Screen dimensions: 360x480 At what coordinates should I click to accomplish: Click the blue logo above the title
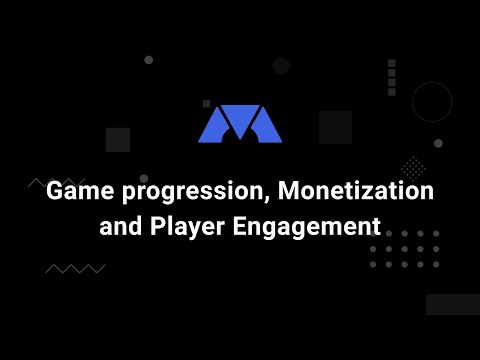[x=240, y=123]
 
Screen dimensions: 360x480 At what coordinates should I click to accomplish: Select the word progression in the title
[x=186, y=191]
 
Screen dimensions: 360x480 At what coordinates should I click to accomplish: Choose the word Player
[x=186, y=227]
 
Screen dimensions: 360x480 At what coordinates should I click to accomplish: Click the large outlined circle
[x=432, y=102]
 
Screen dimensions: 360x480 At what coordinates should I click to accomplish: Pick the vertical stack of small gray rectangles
[x=391, y=77]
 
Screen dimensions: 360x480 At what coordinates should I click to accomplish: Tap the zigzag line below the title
[x=75, y=268]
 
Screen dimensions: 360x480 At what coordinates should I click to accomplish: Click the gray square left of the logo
[x=118, y=139]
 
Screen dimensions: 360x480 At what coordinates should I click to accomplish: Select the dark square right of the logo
[x=335, y=127]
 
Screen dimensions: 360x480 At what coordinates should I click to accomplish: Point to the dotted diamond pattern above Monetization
[x=413, y=167]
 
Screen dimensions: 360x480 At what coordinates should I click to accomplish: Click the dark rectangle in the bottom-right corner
[x=452, y=304]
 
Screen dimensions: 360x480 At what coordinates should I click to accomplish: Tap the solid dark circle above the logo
[x=281, y=66]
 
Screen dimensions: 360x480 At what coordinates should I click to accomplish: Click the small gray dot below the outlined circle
[x=438, y=143]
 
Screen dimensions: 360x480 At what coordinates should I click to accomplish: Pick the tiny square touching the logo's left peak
[x=207, y=103]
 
